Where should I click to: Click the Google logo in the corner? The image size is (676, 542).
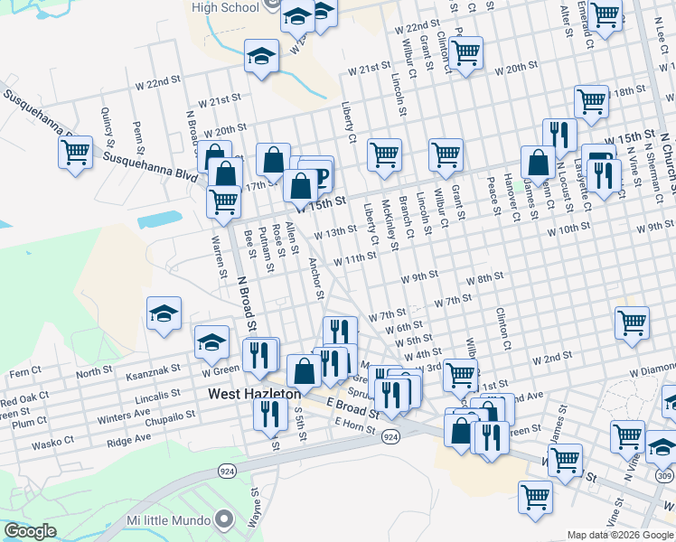click(x=30, y=531)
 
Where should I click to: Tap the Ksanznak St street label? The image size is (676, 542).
click(x=154, y=371)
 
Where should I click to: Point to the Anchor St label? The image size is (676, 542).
click(x=316, y=277)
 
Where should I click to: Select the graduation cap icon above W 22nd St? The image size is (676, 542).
click(x=261, y=57)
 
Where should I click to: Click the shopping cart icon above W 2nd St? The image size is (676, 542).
click(x=632, y=322)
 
